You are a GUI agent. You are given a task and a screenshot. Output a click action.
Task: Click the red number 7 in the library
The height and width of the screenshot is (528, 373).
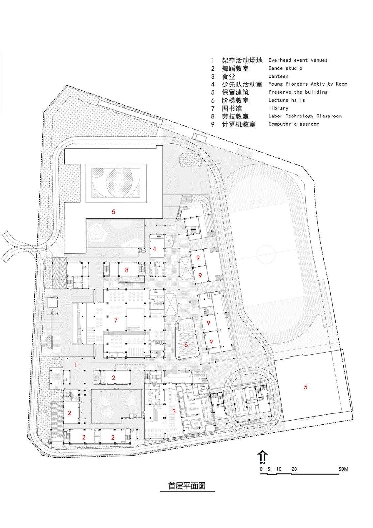pos(116,320)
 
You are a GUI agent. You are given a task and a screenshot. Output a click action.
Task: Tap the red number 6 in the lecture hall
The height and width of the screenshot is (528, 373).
pos(186,345)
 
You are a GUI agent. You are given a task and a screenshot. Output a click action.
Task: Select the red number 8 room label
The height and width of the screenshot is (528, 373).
pos(127,270)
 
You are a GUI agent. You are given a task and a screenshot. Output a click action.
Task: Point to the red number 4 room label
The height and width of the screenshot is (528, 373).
pos(154,249)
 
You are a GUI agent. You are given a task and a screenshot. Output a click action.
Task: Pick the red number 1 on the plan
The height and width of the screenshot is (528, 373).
pos(76,365)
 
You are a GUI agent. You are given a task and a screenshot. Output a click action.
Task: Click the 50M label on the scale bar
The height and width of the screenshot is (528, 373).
pos(343,469)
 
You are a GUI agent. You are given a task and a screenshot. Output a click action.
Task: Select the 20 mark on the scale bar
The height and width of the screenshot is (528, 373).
pos(294,469)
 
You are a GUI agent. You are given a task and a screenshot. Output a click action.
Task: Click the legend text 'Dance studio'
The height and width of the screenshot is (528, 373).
pos(285,68)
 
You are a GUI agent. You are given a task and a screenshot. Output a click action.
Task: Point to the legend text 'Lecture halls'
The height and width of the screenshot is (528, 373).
pos(287,100)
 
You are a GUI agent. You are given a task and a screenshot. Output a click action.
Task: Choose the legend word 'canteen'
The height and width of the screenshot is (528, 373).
pos(278,76)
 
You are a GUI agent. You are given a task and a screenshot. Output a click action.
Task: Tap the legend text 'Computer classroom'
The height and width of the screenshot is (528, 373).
pos(294,124)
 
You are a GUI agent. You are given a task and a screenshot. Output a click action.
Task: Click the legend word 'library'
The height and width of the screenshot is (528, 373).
pos(278,108)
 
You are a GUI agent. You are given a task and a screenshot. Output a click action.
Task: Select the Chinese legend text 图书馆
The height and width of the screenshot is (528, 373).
pos(232,109)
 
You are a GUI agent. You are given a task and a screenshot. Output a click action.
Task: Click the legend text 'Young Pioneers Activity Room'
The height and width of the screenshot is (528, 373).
pos(308,84)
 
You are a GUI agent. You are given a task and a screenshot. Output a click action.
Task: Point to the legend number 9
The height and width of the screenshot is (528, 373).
pos(213,124)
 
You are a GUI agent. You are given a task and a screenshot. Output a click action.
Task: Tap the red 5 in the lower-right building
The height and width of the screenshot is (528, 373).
pos(306,387)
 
